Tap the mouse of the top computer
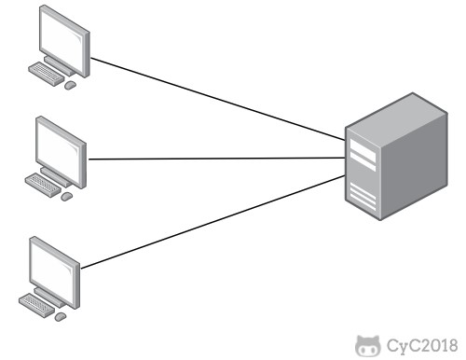70,85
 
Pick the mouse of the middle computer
65,196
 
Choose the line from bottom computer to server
214,219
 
